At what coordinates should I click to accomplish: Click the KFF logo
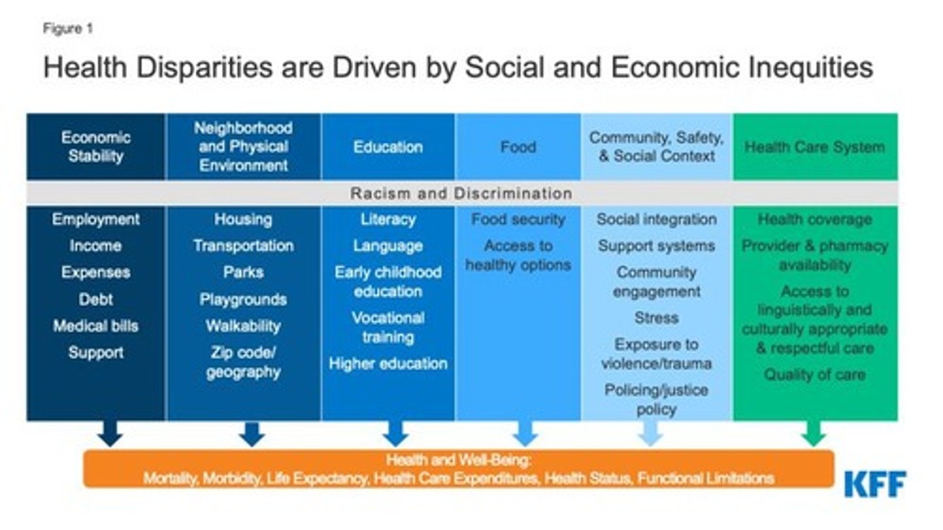[x=875, y=483]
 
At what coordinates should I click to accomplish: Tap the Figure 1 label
[x=68, y=29]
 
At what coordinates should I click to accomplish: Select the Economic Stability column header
[x=96, y=147]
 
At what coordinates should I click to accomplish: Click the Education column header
[x=388, y=147]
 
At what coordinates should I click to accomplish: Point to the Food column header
[x=518, y=147]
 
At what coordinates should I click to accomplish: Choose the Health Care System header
[x=814, y=147]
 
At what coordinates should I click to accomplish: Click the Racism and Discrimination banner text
[x=461, y=194]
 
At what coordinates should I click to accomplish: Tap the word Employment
[x=96, y=219]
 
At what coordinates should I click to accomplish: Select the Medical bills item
[x=96, y=326]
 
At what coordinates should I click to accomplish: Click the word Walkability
[x=243, y=326]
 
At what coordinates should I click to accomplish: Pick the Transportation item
[x=243, y=246]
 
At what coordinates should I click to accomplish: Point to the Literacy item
[x=388, y=219]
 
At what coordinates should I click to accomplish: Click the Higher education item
[x=388, y=364]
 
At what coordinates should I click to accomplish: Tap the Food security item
[x=518, y=219]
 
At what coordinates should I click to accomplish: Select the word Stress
[x=656, y=318]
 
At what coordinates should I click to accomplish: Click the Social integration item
[x=656, y=219]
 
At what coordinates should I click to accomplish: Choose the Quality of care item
[x=814, y=375]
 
